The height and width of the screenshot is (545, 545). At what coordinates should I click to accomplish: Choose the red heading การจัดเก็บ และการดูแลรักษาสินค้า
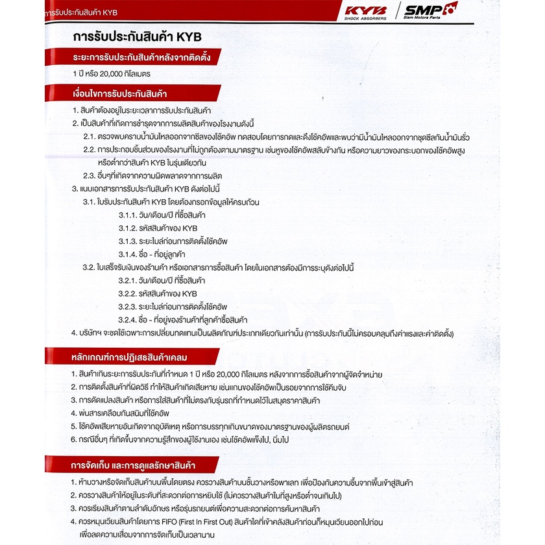click(x=134, y=465)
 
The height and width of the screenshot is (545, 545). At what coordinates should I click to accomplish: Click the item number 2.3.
click(x=90, y=175)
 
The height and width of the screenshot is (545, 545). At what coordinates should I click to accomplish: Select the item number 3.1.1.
click(x=128, y=215)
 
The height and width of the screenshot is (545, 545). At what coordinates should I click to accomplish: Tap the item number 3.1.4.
click(x=128, y=254)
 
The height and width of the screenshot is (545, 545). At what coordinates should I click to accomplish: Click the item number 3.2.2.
click(x=128, y=294)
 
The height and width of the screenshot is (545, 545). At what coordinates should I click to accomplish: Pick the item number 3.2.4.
click(x=128, y=320)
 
